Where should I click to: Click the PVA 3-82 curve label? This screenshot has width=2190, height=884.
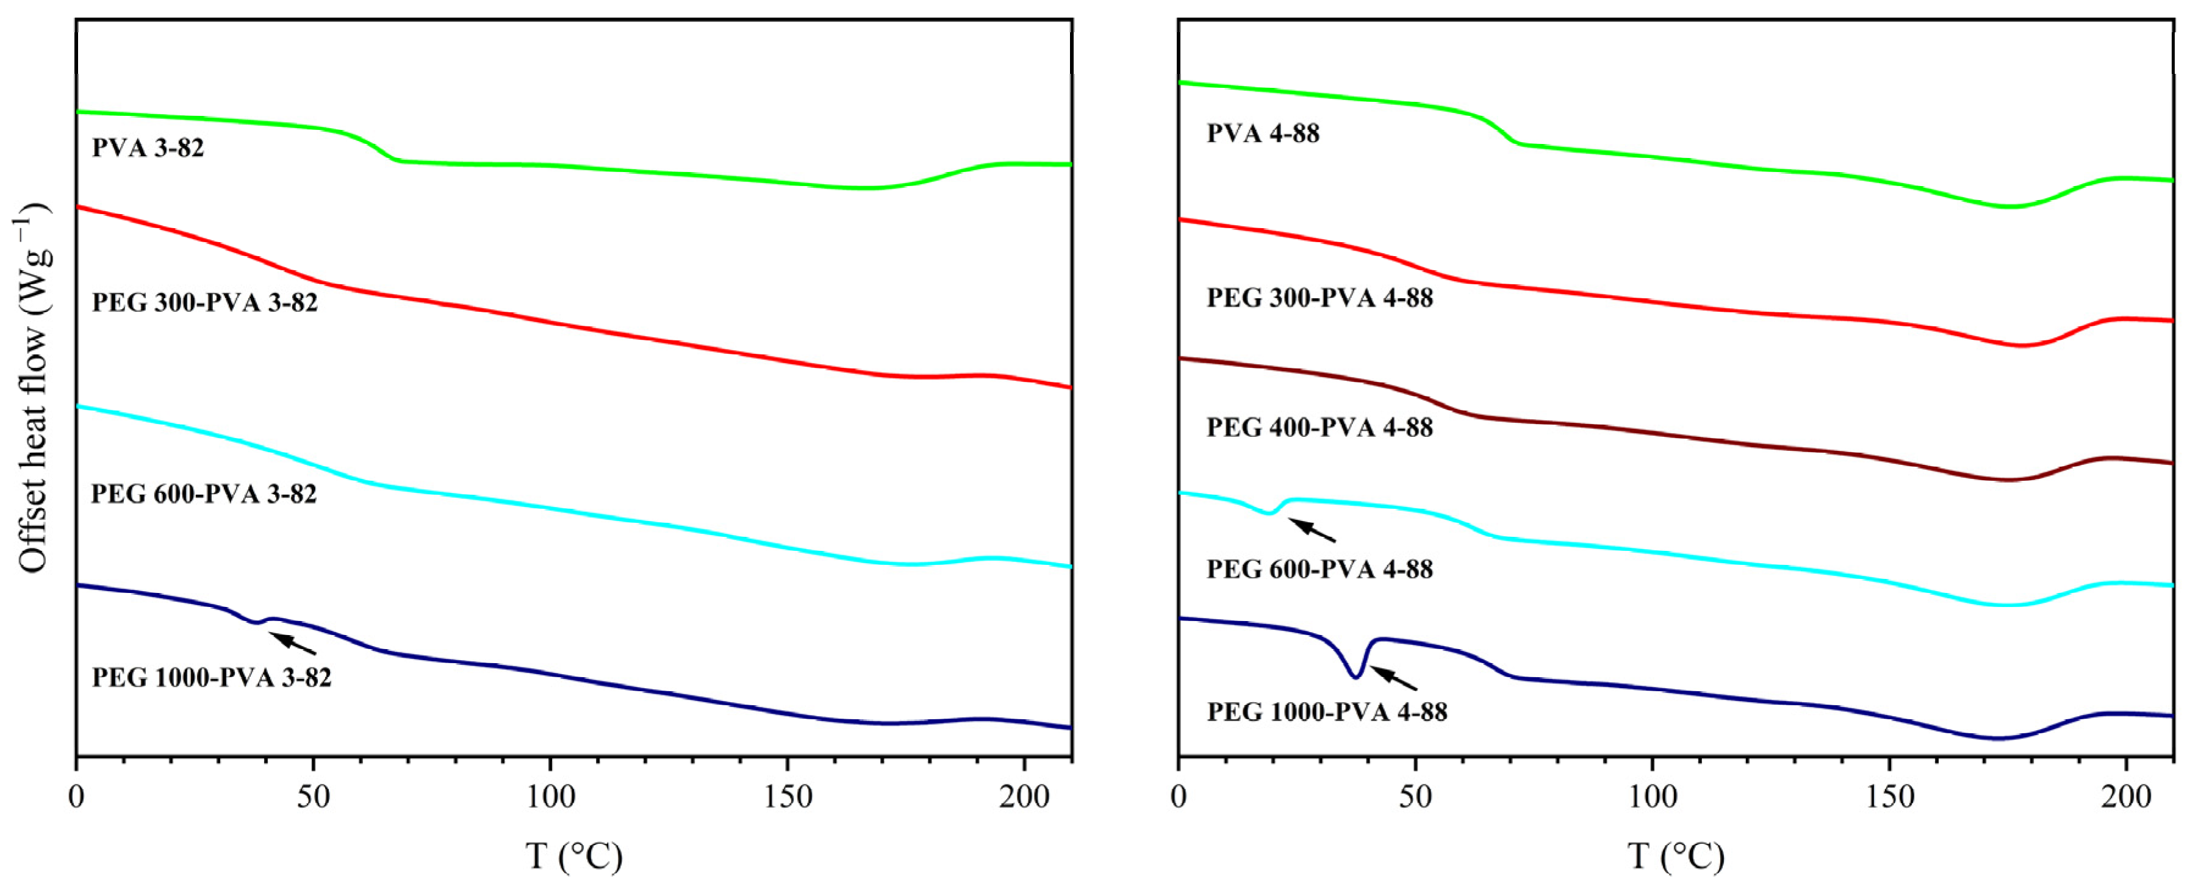click(148, 148)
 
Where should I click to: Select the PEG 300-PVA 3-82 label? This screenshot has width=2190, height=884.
click(204, 303)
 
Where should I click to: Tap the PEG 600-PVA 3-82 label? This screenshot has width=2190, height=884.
click(204, 494)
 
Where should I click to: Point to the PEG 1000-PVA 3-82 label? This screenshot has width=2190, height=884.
click(211, 677)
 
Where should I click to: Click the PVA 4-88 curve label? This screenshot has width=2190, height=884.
click(1263, 134)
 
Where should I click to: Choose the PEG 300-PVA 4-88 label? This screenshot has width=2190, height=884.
click(1319, 298)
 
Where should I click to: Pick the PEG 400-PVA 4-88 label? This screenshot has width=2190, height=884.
click(1319, 428)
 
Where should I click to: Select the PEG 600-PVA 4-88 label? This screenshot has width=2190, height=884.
click(1319, 569)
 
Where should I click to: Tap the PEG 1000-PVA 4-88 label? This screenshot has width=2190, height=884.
click(1326, 711)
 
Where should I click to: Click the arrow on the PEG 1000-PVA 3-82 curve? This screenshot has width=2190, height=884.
click(293, 644)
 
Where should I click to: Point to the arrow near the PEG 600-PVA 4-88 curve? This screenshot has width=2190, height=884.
click(1312, 530)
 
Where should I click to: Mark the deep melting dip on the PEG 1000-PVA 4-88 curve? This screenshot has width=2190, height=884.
click(1356, 675)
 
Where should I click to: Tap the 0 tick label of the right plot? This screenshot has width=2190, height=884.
click(1179, 797)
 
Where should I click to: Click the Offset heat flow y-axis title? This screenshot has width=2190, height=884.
click(34, 387)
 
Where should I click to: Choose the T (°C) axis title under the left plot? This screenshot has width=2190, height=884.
click(573, 856)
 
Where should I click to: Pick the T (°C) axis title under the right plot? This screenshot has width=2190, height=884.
click(1675, 856)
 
